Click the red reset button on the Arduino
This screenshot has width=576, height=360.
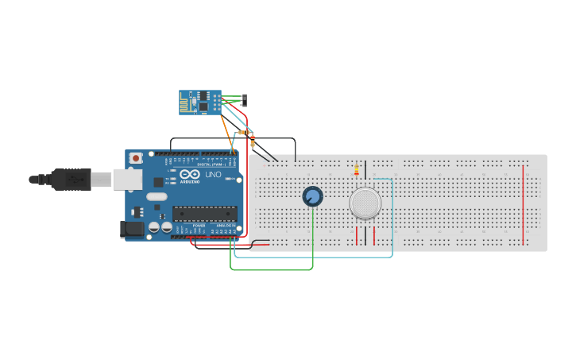(x=136, y=158)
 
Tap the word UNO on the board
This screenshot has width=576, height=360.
(x=213, y=175)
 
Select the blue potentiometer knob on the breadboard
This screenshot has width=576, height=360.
(x=312, y=196)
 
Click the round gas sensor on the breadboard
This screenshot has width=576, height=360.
(x=365, y=203)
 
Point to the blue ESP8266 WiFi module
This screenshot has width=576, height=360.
(x=199, y=103)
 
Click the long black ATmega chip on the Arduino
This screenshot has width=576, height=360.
(x=205, y=213)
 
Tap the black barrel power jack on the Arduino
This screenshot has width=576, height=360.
(x=130, y=230)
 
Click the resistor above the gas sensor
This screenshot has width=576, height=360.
(x=356, y=169)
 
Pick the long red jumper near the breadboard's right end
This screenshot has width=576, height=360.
(x=524, y=205)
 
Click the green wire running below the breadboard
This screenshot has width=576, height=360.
(x=270, y=269)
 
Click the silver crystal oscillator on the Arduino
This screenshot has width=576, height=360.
(x=157, y=196)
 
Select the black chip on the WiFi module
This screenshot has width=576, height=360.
(x=204, y=104)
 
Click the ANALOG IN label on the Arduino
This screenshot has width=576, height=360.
(x=226, y=226)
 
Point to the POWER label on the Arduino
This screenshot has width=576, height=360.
(x=199, y=226)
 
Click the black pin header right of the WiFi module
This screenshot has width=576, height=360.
(x=244, y=100)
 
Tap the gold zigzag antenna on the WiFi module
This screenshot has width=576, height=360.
(x=187, y=103)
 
